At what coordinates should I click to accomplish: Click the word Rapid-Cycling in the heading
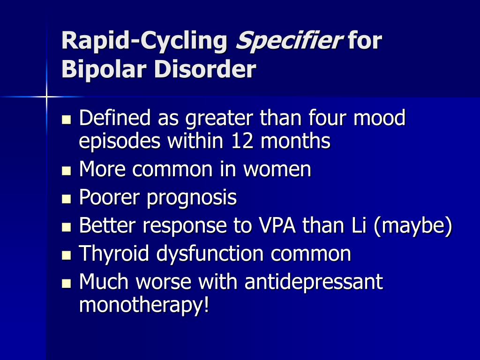(x=144, y=41)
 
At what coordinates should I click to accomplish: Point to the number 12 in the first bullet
(x=242, y=141)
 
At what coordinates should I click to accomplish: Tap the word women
(x=277, y=169)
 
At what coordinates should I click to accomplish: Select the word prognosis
(x=192, y=198)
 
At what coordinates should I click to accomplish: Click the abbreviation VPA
(x=277, y=225)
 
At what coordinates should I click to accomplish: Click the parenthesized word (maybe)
(x=413, y=226)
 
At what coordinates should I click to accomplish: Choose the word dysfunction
(x=210, y=254)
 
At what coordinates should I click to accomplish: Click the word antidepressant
(x=314, y=282)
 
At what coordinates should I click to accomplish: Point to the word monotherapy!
(x=144, y=305)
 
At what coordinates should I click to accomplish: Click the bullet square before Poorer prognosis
(x=66, y=199)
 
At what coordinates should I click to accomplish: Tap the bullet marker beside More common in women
(x=66, y=171)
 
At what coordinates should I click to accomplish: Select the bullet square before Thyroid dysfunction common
(x=66, y=255)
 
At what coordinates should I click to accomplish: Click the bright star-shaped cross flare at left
(x=46, y=97)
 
